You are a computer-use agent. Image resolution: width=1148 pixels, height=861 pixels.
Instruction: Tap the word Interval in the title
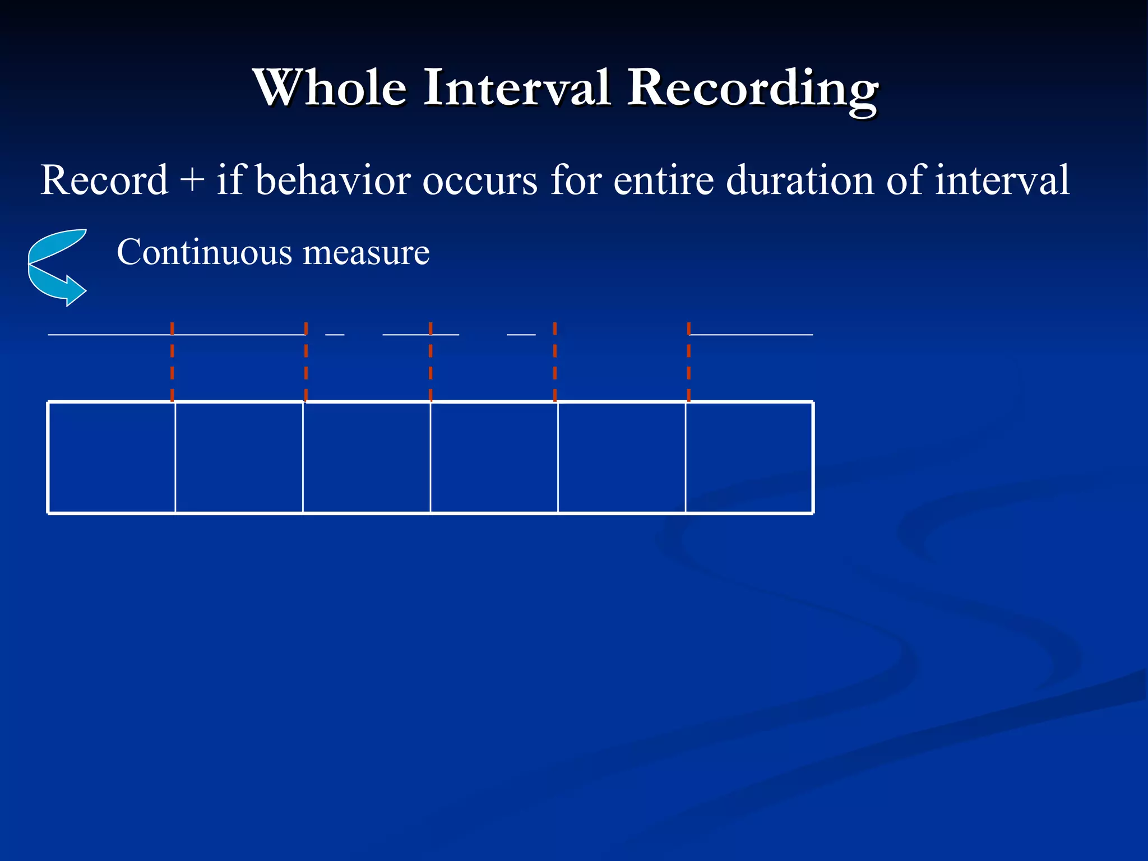(516, 87)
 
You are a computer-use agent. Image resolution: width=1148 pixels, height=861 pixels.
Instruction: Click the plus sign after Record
(192, 181)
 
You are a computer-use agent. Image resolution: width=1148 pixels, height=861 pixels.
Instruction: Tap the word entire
(664, 180)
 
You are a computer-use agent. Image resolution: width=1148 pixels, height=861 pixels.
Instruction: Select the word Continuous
(204, 252)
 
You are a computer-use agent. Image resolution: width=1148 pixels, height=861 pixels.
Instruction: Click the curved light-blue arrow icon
(56, 267)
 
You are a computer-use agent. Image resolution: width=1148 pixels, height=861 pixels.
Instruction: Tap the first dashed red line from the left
(172, 362)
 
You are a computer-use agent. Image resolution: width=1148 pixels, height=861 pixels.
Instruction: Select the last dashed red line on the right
(688, 362)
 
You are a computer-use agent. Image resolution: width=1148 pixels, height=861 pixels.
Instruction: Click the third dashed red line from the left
(430, 362)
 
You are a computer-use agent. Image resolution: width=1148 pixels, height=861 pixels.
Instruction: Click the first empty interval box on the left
(112, 457)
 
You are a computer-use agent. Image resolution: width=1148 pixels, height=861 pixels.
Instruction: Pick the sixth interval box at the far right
(749, 457)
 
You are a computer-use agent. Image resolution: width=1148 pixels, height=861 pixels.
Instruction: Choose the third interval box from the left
(367, 457)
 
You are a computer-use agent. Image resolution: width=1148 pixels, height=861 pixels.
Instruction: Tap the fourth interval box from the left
(494, 457)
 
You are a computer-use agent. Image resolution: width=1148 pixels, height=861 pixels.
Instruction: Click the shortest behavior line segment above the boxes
(335, 335)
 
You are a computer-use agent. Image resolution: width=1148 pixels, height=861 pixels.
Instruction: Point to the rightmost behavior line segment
(751, 335)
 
